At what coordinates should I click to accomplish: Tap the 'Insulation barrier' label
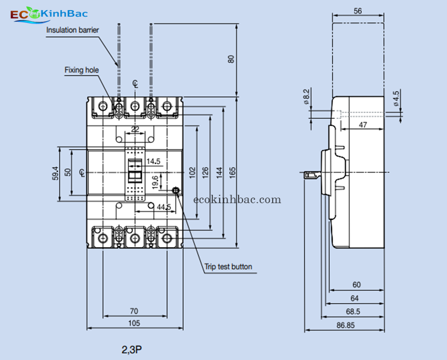(73, 30)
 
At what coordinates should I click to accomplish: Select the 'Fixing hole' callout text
(82, 70)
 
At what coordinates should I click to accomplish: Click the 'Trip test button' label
(228, 267)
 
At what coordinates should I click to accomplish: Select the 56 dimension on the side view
(358, 11)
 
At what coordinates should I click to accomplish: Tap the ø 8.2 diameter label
(306, 96)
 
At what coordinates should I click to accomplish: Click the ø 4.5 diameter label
(396, 98)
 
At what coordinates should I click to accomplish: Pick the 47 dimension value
(363, 125)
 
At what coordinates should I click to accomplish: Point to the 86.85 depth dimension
(346, 325)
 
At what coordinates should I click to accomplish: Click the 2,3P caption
(132, 350)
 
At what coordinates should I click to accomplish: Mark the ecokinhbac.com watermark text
(237, 199)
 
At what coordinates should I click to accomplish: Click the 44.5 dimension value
(164, 207)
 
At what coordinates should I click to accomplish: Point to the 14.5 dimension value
(153, 161)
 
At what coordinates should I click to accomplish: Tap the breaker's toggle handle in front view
(135, 171)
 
